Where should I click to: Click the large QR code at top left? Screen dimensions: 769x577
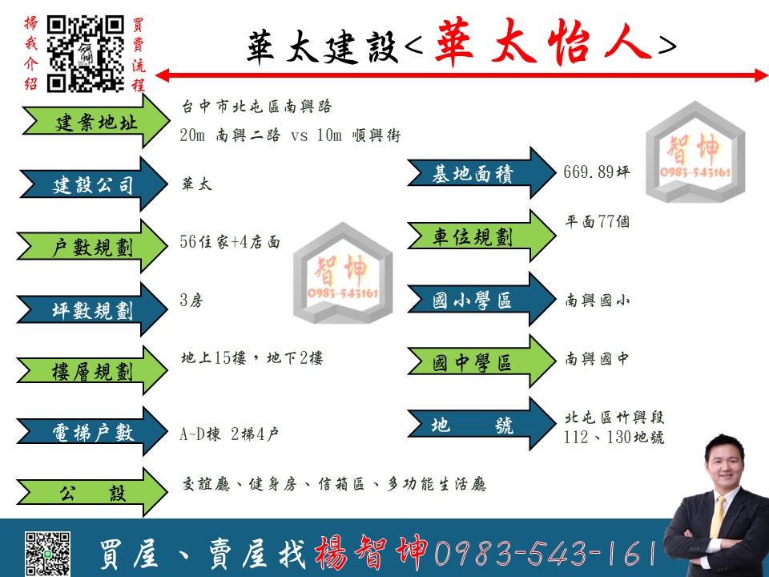[x=86, y=54]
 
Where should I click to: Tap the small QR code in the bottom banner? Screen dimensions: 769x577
[x=47, y=553]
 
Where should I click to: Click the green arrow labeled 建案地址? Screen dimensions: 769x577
[x=95, y=121]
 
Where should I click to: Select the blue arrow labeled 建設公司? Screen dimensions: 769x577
[x=93, y=184]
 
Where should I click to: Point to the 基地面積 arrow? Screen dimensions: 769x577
[x=481, y=173]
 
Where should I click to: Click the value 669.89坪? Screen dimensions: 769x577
[x=596, y=171]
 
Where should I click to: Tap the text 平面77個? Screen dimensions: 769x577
[x=597, y=222]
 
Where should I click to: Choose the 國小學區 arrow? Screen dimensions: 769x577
[x=481, y=299]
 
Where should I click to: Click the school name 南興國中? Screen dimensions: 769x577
[x=596, y=359]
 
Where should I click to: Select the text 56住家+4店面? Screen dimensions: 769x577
[x=230, y=242]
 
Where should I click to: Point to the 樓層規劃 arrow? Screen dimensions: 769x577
[x=92, y=371]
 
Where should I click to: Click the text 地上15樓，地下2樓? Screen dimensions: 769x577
[x=252, y=358]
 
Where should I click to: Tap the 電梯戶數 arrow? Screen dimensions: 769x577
[x=92, y=432]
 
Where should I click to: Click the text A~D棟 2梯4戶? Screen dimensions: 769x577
[x=229, y=434]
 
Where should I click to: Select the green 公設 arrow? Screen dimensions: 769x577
[x=92, y=493]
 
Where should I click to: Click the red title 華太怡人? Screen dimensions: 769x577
[x=543, y=42]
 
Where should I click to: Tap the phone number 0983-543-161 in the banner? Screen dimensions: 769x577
[x=545, y=553]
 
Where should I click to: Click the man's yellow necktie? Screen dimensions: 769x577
[x=717, y=517]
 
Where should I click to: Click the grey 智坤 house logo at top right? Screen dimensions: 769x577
[x=695, y=151]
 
